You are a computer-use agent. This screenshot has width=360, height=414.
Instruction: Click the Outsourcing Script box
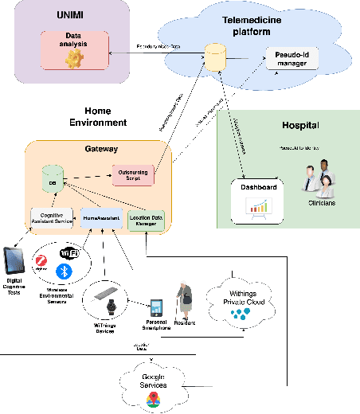pos(131,174)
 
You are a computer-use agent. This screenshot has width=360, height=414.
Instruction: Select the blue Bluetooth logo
pos(68,271)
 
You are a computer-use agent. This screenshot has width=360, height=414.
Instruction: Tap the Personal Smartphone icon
pos(158,307)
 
